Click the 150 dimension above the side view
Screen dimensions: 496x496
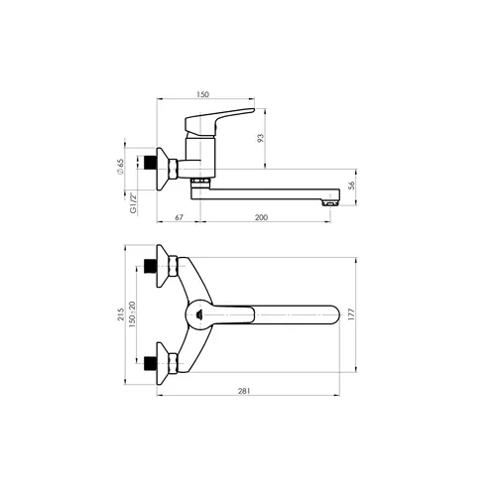coord(202,94)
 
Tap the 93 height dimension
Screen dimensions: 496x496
coord(261,138)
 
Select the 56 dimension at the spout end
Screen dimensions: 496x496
coord(352,186)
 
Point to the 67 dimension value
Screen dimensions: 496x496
coord(179,217)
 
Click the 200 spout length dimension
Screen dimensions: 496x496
coord(261,217)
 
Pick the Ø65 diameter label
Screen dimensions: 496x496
coord(120,167)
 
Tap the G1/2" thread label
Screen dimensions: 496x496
coord(133,203)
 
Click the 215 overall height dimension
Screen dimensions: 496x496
coord(121,314)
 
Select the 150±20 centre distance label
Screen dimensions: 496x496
coord(132,314)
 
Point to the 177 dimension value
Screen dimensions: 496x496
coord(351,314)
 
